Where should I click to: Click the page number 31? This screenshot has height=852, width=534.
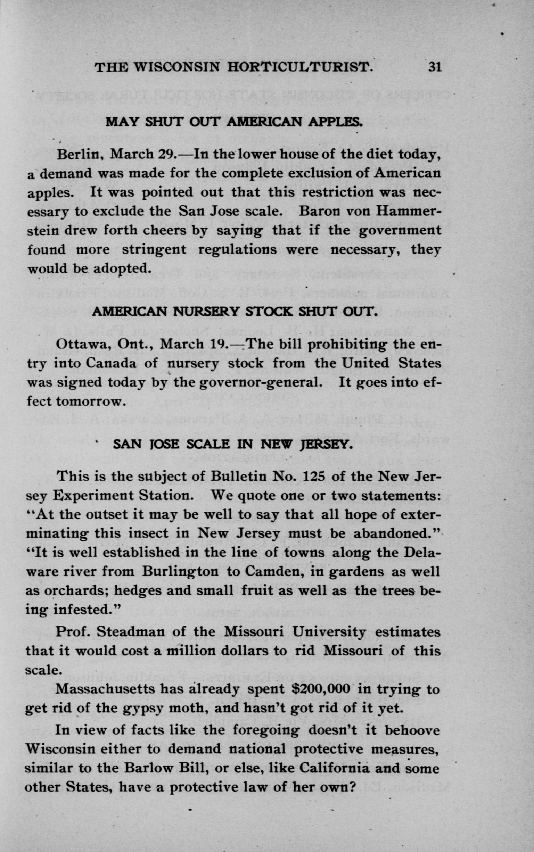click(x=435, y=66)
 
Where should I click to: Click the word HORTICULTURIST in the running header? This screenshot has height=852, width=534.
click(x=300, y=66)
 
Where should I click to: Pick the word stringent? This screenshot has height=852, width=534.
click(x=154, y=250)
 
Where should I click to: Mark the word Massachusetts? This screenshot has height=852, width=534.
click(x=105, y=689)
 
